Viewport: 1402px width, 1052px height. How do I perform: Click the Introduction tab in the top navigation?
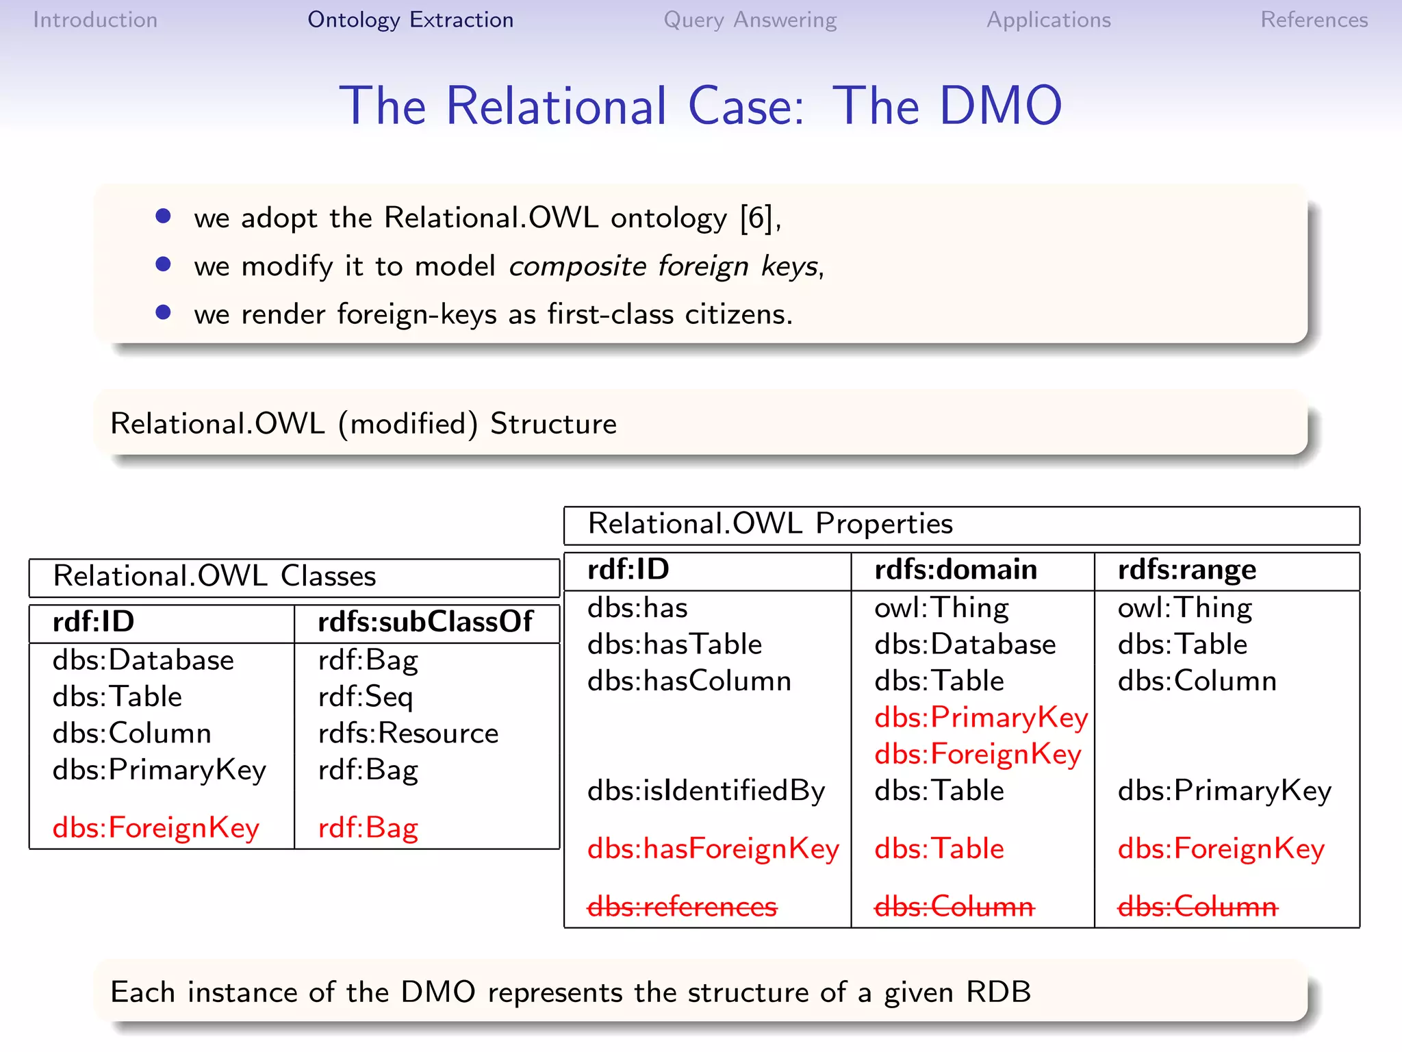(x=95, y=20)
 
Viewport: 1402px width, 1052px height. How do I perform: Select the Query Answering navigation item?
(x=750, y=20)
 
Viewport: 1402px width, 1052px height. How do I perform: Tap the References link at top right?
(x=1314, y=20)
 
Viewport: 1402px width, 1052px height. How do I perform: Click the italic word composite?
(x=577, y=266)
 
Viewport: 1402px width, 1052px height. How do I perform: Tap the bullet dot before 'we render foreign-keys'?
(x=163, y=312)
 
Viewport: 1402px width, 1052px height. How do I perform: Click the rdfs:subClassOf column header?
(x=425, y=622)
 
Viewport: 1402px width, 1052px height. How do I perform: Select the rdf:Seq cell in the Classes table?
(x=366, y=697)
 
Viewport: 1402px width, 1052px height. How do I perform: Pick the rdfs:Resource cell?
(x=408, y=734)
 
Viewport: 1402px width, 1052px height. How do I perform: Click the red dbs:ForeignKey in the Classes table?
(x=156, y=828)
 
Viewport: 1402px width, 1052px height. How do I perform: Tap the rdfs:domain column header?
(x=956, y=570)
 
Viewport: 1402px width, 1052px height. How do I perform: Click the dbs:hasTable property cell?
(x=674, y=644)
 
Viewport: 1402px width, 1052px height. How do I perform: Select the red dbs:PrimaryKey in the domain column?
(x=980, y=718)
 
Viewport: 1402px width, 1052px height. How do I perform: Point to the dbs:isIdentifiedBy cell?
(x=706, y=791)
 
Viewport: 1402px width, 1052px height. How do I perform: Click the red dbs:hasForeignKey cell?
(x=713, y=849)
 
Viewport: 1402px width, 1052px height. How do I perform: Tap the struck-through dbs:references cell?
(x=682, y=907)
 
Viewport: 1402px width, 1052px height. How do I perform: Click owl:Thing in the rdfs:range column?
(x=1184, y=608)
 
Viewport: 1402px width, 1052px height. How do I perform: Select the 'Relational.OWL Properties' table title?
(x=770, y=524)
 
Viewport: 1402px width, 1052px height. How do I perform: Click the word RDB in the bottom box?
(x=998, y=992)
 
